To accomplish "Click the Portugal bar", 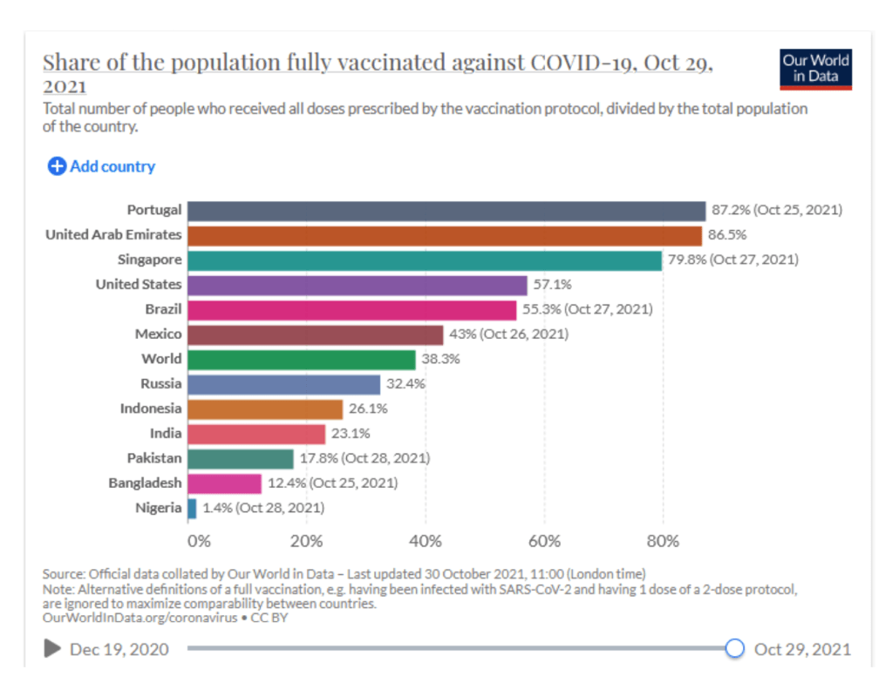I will pos(446,211).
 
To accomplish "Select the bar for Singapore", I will pos(424,260).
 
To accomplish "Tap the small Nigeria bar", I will pos(192,509).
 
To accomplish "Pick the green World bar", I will pos(301,360).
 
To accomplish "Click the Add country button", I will pos(101,166).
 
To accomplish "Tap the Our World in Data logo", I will pos(815,69).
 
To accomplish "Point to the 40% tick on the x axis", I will pos(426,541).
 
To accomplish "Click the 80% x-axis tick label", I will pos(663,541).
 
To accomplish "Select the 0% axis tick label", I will pos(199,541).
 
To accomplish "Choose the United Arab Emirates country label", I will pos(113,235).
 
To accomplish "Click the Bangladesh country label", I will pos(145,484).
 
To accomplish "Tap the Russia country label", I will pos(161,384).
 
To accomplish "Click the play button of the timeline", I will pos(52,648).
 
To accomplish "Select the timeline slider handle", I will pos(735,648).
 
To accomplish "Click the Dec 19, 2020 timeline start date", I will pos(119,649).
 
